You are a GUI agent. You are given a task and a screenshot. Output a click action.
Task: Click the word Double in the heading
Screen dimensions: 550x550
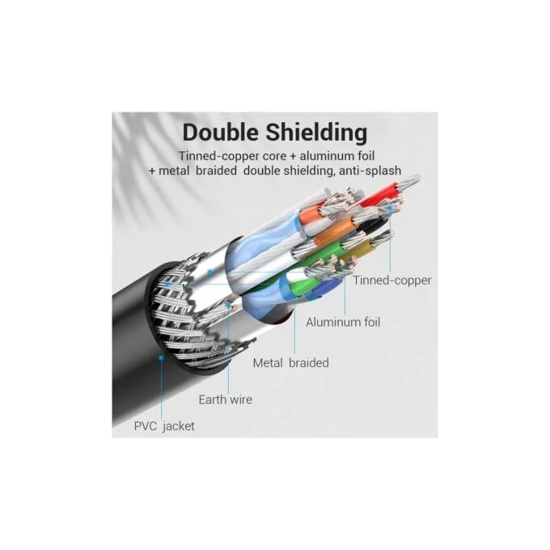pos(221,132)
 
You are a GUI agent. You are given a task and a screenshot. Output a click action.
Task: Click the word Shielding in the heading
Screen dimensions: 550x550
pos(316,133)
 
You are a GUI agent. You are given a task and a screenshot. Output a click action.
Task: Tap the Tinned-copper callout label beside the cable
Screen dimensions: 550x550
pos(391,281)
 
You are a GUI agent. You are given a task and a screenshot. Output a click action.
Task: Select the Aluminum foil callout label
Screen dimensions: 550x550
pos(343,322)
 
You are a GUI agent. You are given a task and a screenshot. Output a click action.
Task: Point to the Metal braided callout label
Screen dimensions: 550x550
pos(291,362)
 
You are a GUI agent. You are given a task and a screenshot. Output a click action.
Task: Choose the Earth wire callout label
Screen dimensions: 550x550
pos(225,400)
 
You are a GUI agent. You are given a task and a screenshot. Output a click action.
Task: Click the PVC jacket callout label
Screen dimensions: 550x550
pos(164,426)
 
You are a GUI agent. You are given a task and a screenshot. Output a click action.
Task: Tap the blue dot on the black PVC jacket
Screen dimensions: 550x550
pos(161,357)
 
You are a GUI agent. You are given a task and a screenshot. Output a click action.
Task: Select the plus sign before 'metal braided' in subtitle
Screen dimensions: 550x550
pos(152,171)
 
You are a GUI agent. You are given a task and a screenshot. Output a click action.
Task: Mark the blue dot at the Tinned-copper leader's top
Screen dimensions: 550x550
pos(390,207)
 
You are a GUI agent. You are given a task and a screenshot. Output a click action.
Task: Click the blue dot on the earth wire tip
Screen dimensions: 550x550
pos(229,305)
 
